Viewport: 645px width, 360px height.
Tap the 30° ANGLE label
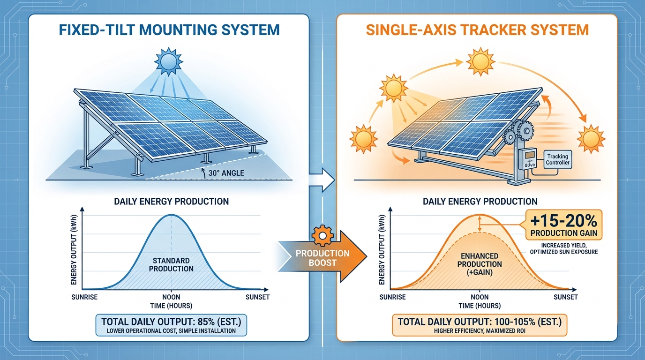tap(225, 173)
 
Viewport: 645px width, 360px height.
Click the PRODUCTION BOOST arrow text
tap(322, 258)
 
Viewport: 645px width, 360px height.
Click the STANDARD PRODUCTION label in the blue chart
tap(171, 264)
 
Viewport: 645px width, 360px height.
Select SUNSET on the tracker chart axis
tap(565, 297)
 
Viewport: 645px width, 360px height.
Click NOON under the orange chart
tap(479, 297)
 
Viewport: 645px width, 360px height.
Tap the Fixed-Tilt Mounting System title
tap(169, 30)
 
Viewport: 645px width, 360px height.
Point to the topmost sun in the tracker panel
tap(480, 61)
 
